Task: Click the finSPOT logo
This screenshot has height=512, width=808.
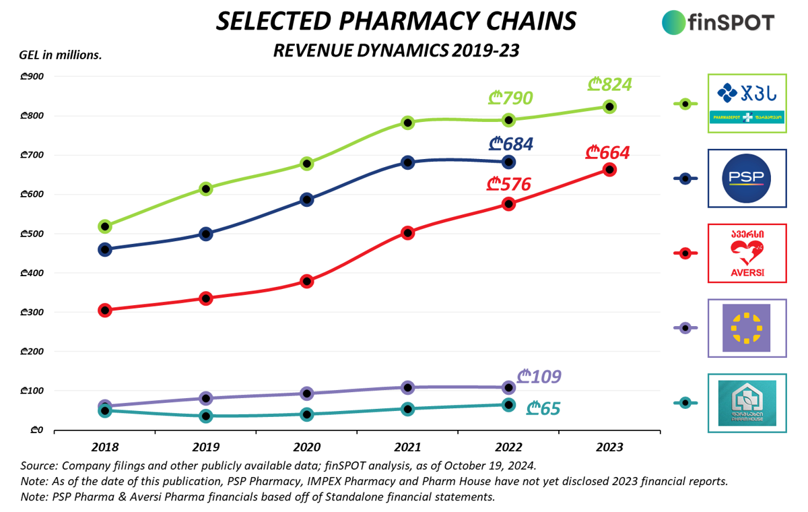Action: coord(717,22)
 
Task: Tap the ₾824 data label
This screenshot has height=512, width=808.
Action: coord(609,85)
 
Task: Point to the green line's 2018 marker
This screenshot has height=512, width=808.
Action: coord(105,226)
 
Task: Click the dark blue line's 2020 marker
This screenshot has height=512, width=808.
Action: coord(307,199)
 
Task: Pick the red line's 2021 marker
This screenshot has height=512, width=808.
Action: coord(407,233)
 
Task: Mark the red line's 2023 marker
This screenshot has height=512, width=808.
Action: coord(609,170)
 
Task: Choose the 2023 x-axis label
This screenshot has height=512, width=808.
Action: coord(609,447)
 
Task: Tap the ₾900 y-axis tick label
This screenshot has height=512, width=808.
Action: coord(32,76)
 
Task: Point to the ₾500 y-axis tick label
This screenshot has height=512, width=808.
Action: coord(32,234)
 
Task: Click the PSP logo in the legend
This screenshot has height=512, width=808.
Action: coord(747,179)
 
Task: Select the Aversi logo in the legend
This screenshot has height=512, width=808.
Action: coord(747,253)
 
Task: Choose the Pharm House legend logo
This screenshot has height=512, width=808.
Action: coord(747,403)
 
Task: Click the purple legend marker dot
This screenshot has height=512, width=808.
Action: coord(685,328)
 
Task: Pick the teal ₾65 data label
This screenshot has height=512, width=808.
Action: coord(543,408)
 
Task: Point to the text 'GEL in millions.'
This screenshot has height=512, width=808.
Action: coord(61,55)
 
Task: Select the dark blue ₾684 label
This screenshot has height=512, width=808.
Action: coord(511,144)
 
